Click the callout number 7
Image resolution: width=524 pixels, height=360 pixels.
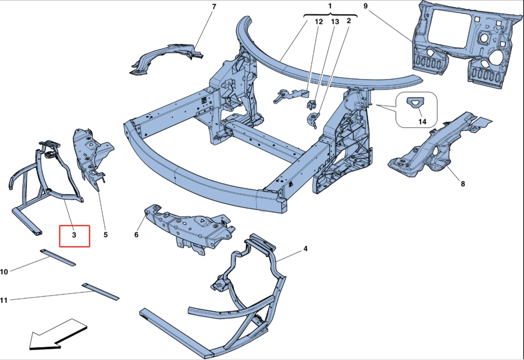click(214, 7)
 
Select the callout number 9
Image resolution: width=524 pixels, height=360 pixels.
click(365, 6)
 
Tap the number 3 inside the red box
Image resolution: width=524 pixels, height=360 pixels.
click(74, 235)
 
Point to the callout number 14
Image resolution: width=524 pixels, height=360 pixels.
click(422, 122)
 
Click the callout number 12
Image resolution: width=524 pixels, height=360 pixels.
click(319, 22)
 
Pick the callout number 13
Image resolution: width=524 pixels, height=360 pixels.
click(335, 22)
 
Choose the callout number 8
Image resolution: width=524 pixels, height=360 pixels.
click(463, 184)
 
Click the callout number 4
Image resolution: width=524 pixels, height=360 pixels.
click(305, 249)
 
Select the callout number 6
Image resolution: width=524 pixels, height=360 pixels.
click(136, 235)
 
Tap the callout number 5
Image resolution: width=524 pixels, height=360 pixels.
click(105, 235)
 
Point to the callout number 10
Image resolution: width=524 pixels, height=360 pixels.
click(4, 272)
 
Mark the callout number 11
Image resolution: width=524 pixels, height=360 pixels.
click(4, 301)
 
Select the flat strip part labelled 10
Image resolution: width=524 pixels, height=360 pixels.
click(57, 257)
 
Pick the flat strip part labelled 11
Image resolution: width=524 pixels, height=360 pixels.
click(100, 291)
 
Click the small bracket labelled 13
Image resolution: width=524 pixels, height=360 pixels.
click(312, 105)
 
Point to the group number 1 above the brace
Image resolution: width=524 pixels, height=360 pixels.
click(330, 6)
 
